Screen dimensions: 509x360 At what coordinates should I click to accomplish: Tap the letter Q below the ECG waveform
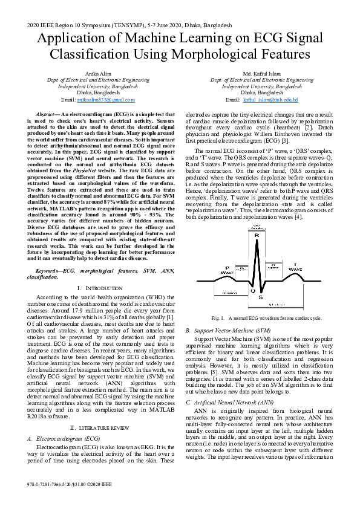point(252,291)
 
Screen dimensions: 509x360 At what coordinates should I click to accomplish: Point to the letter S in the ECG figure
point(260,297)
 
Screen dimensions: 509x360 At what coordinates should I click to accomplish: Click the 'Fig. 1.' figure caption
point(219,318)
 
